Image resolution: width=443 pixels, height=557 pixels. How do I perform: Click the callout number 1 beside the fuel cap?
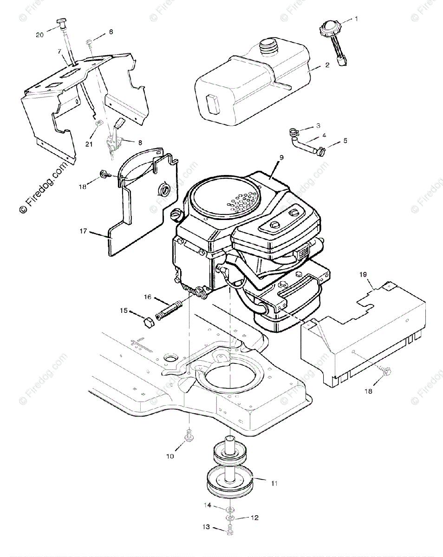coord(356,19)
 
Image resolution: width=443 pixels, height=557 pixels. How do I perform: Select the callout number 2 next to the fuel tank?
coord(327,65)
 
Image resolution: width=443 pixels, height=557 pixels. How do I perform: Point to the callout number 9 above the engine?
coord(281,158)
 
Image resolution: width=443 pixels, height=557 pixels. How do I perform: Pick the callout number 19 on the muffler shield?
coord(363,274)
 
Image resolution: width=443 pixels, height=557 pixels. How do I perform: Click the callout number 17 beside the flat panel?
coord(84,231)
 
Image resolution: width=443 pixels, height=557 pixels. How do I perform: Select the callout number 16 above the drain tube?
coord(148,297)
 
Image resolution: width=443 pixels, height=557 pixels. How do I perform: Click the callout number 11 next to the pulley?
coord(274,483)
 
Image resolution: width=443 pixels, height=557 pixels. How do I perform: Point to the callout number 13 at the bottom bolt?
coord(206,527)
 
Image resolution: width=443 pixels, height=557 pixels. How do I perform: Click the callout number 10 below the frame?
coord(170,456)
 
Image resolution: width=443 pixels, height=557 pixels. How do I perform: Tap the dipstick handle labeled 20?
coord(62,21)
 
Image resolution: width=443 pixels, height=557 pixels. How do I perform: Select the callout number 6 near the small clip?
coord(111,32)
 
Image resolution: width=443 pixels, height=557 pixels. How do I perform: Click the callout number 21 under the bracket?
coord(89,144)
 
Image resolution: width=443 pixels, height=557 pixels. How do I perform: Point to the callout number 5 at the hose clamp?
coord(345,140)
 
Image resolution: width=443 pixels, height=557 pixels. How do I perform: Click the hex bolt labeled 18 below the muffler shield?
coord(388,371)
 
